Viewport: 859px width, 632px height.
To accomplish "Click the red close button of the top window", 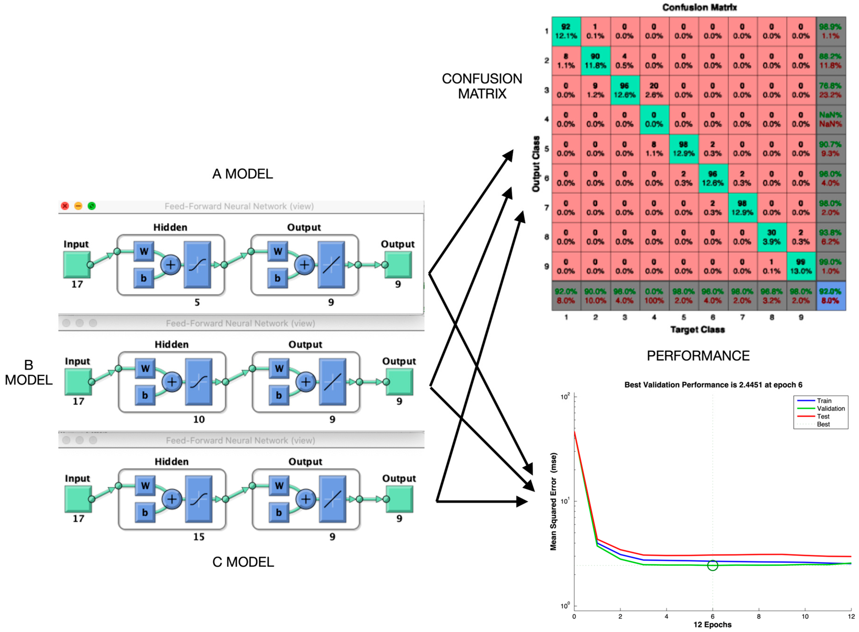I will [65, 206].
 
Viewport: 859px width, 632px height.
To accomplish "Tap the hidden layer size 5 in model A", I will [197, 302].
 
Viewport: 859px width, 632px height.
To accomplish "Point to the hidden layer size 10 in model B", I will [199, 419].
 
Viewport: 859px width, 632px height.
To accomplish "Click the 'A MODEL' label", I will [243, 174].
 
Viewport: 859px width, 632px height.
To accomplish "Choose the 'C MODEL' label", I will [243, 562].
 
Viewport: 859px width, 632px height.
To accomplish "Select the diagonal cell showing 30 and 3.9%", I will [771, 237].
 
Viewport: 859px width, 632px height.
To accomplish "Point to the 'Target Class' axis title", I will [697, 329].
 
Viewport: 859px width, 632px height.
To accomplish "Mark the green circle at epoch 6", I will [712, 565].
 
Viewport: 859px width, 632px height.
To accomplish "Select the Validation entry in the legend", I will [830, 409].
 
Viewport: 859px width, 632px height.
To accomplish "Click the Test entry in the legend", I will [823, 416].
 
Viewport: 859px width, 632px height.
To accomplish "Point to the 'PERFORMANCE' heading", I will [698, 356].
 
